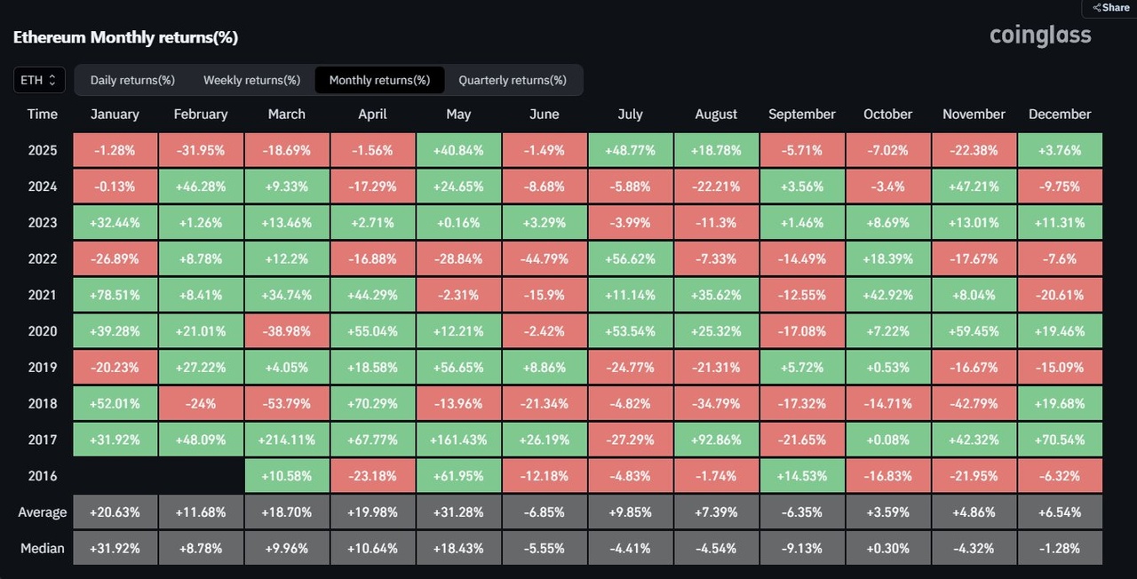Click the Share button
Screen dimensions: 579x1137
coord(1110,7)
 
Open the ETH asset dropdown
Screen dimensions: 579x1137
coord(39,80)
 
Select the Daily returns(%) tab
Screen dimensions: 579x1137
coord(132,80)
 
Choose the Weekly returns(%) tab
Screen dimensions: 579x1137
coord(251,80)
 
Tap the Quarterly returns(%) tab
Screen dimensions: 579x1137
coord(512,80)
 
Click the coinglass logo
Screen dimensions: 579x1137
coord(1040,36)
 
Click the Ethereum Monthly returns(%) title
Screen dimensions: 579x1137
coord(125,37)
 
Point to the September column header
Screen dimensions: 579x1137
coord(801,114)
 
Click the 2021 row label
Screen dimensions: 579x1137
coord(42,295)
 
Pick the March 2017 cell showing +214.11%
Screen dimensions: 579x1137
coord(286,440)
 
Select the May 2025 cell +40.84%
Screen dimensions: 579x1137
coord(458,150)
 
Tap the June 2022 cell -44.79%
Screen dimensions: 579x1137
coord(544,258)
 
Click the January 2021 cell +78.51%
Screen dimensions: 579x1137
coord(115,295)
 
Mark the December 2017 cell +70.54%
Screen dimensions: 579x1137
coord(1059,440)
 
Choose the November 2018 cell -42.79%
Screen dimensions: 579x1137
coord(974,403)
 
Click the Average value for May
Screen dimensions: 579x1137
coord(458,512)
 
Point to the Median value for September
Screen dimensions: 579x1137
coord(801,548)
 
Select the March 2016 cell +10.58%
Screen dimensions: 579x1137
coord(286,476)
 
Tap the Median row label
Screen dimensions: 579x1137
coord(42,548)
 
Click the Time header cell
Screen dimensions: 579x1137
coord(42,114)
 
